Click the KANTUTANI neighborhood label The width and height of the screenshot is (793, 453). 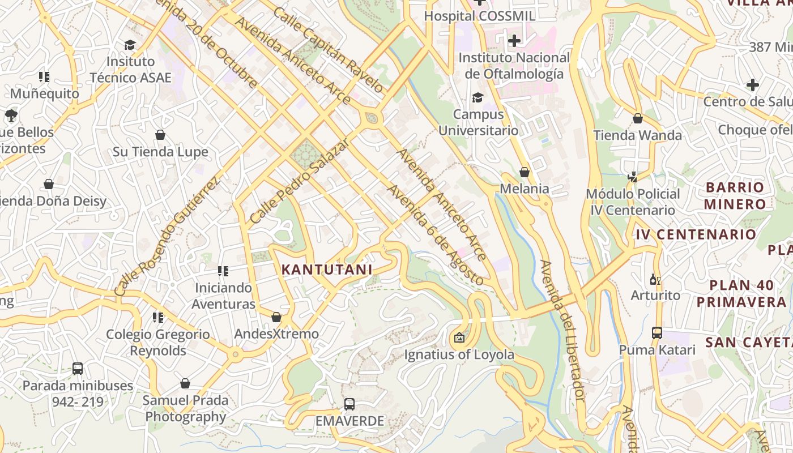click(x=327, y=270)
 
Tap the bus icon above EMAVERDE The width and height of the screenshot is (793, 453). click(x=349, y=404)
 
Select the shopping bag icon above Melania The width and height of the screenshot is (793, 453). click(x=525, y=172)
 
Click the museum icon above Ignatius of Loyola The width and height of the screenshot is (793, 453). click(x=459, y=338)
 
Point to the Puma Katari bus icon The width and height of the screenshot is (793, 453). click(x=657, y=333)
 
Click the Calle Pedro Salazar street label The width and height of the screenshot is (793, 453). click(x=298, y=181)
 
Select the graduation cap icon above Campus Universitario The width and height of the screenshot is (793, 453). click(x=478, y=98)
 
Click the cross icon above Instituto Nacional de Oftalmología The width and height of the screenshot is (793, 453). click(x=514, y=41)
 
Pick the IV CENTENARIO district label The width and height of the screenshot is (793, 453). click(x=696, y=234)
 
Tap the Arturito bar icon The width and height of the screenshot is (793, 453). click(x=655, y=279)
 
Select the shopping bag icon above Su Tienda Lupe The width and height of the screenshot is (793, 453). click(x=160, y=135)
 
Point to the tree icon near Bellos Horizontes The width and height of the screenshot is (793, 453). click(x=10, y=116)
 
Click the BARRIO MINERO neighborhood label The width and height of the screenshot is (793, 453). click(x=735, y=195)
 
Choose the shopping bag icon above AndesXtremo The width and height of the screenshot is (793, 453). click(x=276, y=317)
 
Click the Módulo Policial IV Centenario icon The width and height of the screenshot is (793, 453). click(x=633, y=177)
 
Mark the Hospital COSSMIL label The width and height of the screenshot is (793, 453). click(x=479, y=16)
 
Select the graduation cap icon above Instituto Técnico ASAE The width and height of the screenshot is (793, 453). click(x=130, y=45)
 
